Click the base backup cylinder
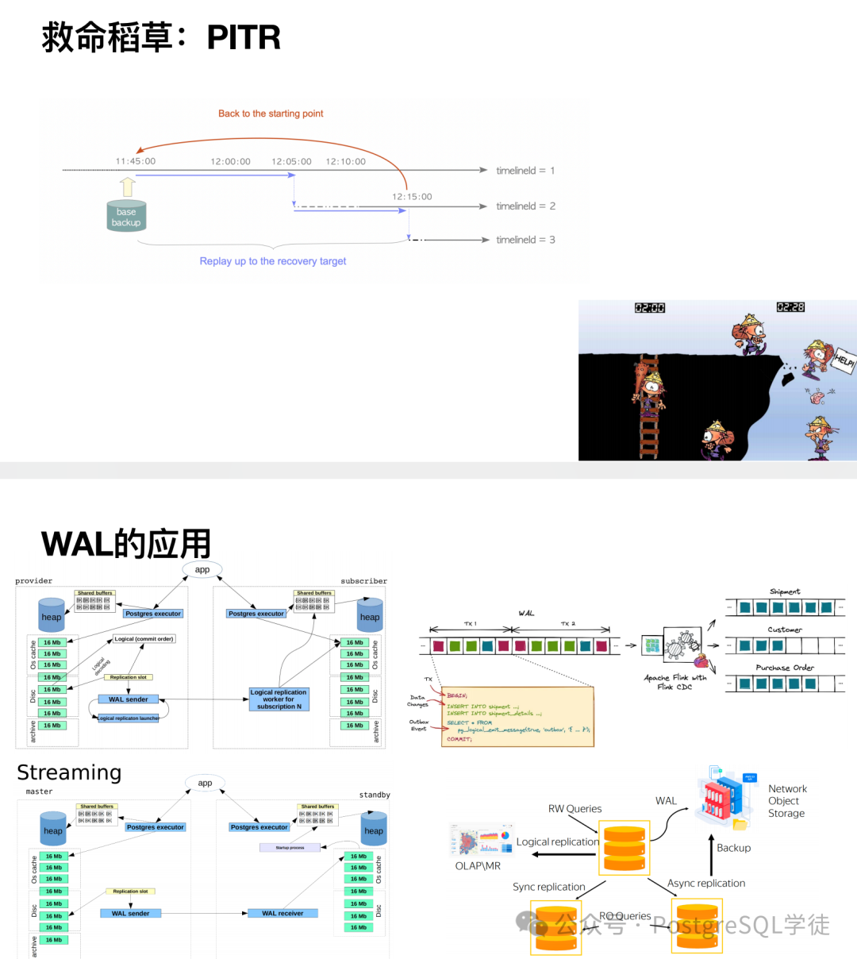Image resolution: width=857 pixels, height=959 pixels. coord(126,216)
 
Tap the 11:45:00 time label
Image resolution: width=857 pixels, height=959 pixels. coord(136,161)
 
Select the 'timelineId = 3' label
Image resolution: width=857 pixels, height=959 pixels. coord(525,240)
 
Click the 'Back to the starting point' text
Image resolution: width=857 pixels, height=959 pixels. coord(271,114)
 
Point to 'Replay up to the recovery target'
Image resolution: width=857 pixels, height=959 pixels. coord(273,261)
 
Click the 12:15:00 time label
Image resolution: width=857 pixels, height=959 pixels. coord(412,197)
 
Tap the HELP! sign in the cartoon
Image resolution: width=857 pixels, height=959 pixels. coord(844,360)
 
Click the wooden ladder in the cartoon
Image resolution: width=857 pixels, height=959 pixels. coord(649,409)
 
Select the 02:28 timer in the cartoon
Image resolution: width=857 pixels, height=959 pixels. coord(790,307)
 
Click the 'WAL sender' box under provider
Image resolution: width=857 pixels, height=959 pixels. coord(129,699)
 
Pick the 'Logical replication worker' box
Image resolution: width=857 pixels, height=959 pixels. coord(279,699)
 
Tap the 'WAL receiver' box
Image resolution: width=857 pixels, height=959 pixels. coord(282,913)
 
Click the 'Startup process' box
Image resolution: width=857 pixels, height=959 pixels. coord(290,848)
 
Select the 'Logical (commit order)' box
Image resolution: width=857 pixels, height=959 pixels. coord(144,639)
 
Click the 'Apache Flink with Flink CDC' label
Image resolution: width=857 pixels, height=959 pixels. coord(674,682)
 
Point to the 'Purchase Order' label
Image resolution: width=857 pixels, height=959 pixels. coord(785,668)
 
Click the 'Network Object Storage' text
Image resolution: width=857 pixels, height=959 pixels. coord(786,801)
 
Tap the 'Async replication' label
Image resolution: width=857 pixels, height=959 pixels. coord(706,883)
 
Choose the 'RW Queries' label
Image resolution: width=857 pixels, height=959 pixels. coord(575,809)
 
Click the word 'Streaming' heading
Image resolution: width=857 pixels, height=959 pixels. coord(69,772)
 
